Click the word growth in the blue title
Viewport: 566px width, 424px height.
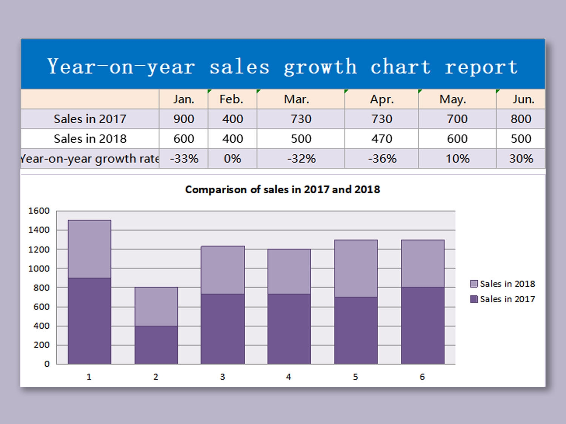coord(320,67)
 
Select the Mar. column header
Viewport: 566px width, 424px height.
coord(297,99)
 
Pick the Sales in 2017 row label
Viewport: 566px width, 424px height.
coord(90,119)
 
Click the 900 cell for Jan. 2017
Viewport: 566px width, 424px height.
coord(184,119)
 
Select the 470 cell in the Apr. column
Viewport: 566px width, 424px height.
coord(382,139)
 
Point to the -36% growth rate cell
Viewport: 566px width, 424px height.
coord(382,159)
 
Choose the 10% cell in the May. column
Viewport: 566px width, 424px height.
coord(457,159)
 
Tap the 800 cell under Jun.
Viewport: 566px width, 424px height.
coord(521,119)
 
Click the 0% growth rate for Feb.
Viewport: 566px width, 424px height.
coord(232,159)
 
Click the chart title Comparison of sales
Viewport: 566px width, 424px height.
coord(282,189)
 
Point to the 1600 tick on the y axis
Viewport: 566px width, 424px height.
coord(39,211)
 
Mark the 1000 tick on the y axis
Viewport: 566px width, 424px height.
coord(39,269)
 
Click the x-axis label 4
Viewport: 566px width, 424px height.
coord(289,377)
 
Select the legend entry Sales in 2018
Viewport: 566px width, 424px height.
coord(507,284)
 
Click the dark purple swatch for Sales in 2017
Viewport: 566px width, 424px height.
coord(474,299)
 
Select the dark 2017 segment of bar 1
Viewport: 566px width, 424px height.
coord(89,320)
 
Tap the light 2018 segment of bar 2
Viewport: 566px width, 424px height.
coord(156,306)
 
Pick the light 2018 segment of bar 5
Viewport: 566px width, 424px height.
coord(356,268)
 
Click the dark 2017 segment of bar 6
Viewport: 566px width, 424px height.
coord(423,325)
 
